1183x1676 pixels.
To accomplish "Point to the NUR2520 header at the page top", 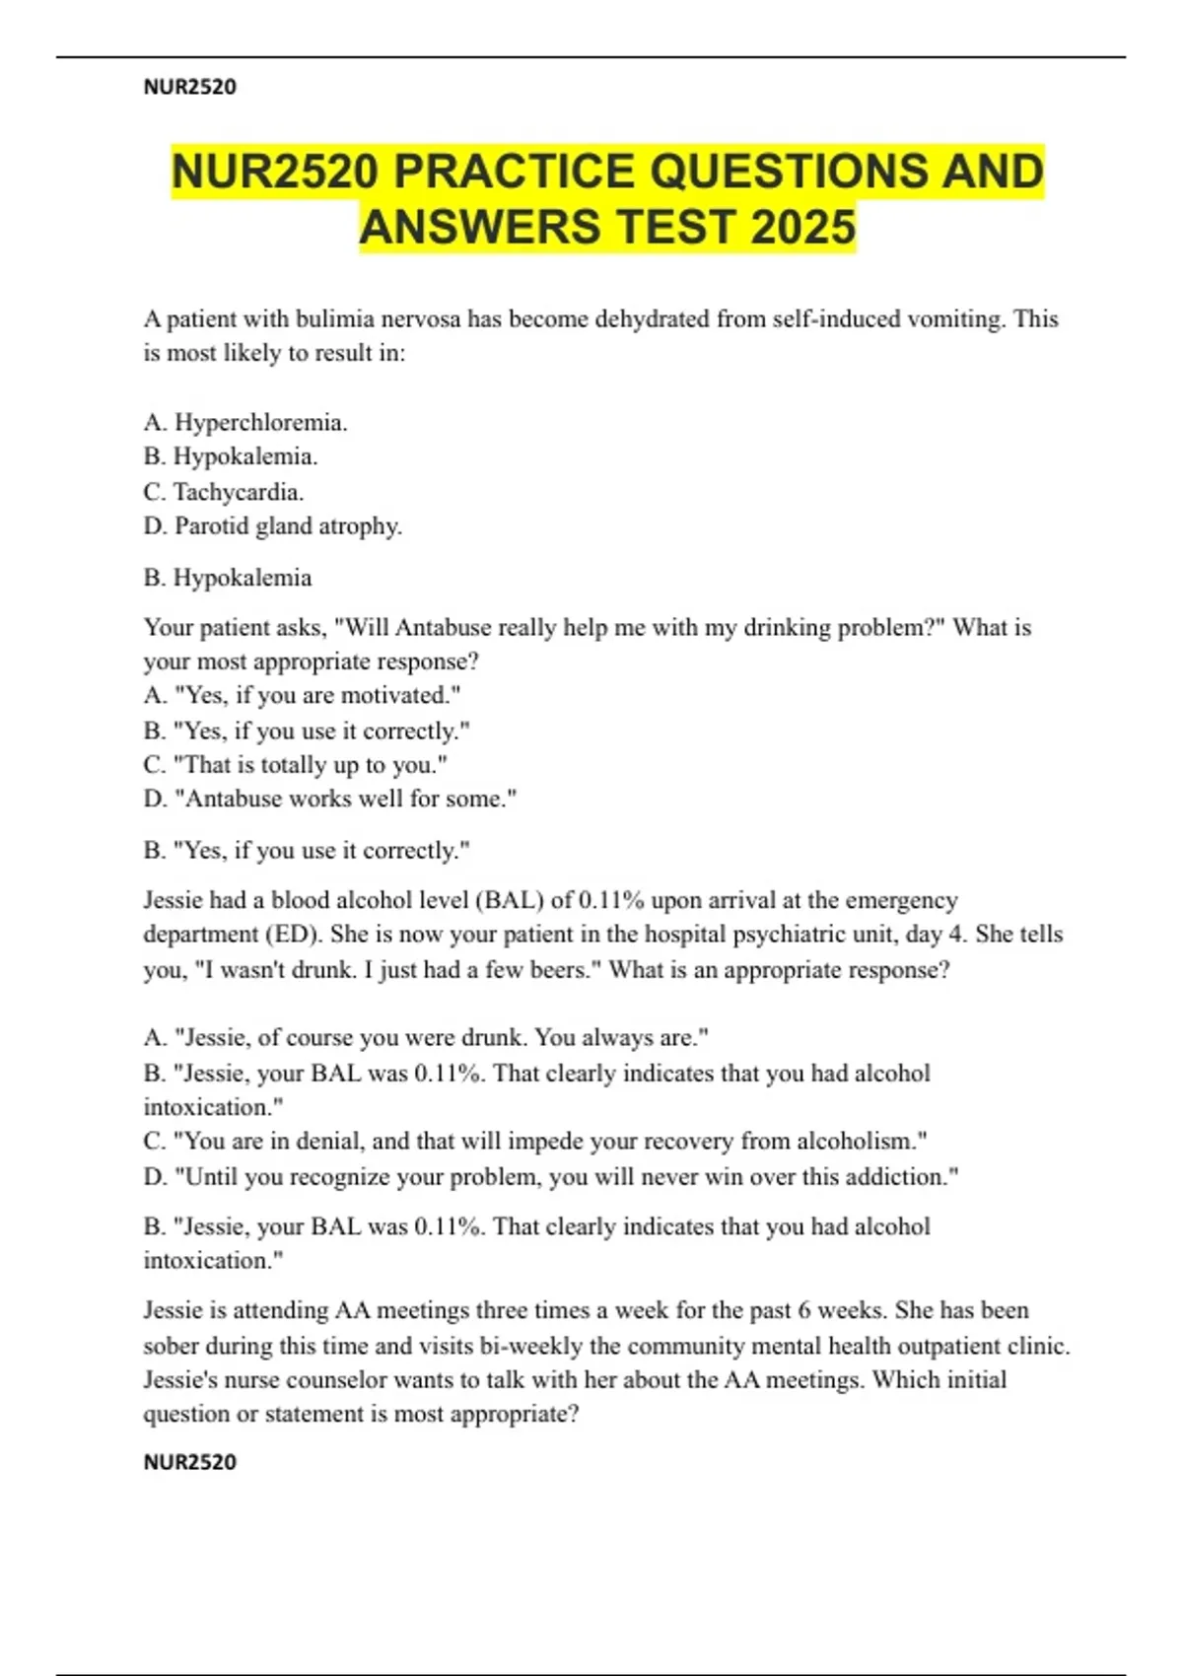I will tap(190, 87).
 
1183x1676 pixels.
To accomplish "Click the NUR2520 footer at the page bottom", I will tap(190, 1462).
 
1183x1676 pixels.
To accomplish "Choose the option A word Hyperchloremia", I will tap(260, 423).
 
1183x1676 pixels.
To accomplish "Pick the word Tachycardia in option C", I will tap(238, 492).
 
